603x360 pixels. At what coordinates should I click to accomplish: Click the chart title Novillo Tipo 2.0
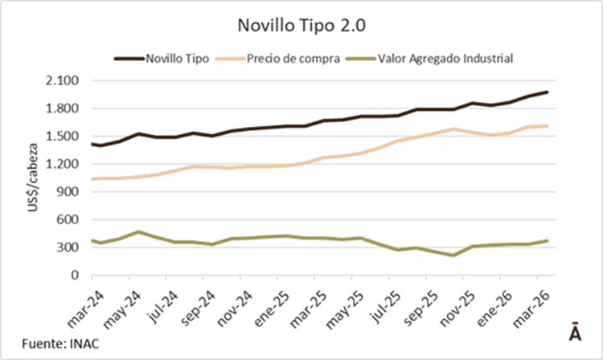pyautogui.click(x=301, y=25)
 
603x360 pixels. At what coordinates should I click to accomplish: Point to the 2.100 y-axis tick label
pyautogui.click(x=62, y=80)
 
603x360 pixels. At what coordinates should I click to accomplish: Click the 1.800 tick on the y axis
pyautogui.click(x=62, y=108)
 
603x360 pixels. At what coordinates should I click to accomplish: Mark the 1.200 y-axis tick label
pyautogui.click(x=62, y=164)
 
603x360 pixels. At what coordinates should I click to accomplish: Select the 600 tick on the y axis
pyautogui.click(x=67, y=219)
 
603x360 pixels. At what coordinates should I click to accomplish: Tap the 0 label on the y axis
pyautogui.click(x=74, y=275)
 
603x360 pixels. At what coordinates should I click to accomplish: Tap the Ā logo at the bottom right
pyautogui.click(x=575, y=331)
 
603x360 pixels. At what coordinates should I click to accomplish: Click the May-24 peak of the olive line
pyautogui.click(x=138, y=232)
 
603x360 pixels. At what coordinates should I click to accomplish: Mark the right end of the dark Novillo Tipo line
pyautogui.click(x=547, y=92)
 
